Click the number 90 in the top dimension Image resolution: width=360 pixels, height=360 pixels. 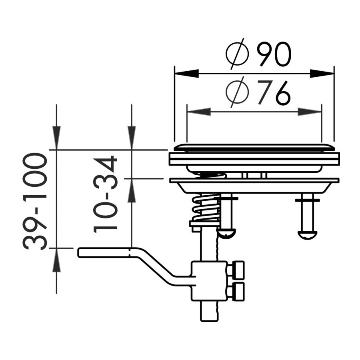[x=274, y=54]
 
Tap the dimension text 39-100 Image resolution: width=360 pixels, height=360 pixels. [x=35, y=202]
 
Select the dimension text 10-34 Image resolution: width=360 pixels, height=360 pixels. [x=105, y=194]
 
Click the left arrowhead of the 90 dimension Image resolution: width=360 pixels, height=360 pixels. [x=186, y=74]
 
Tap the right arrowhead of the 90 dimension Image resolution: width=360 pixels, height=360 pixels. [x=322, y=74]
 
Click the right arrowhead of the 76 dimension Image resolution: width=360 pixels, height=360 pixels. [x=310, y=112]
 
